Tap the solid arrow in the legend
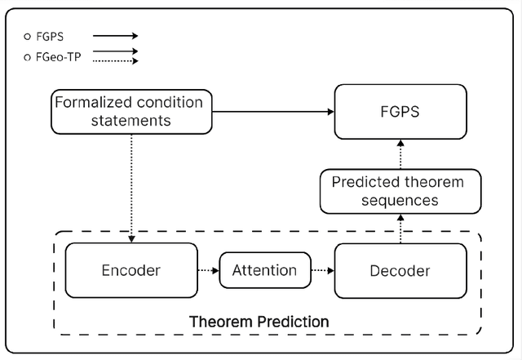(115, 36)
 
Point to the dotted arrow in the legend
(115, 56)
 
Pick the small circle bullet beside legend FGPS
(27, 37)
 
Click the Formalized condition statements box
(127, 112)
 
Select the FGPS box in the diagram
(400, 112)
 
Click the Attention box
(265, 270)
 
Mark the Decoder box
(400, 270)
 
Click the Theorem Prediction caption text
(259, 322)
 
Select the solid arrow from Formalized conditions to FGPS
(269, 112)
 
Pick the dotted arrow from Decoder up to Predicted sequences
(400, 229)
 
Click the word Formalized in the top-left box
(91, 103)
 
